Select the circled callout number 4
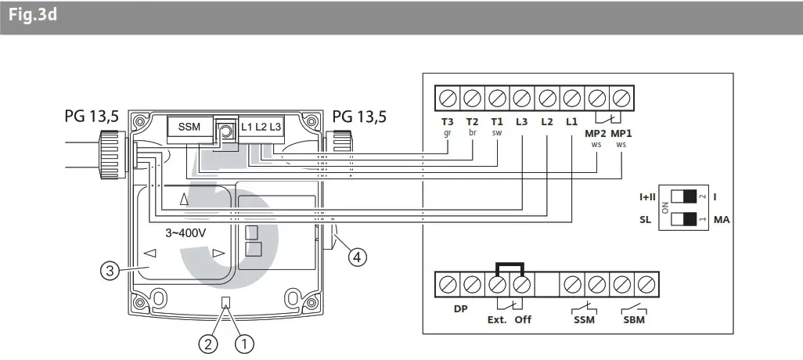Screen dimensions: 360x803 click(x=356, y=256)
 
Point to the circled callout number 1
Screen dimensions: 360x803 click(x=246, y=342)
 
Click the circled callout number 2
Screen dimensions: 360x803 click(x=208, y=342)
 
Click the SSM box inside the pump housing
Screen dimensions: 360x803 click(x=189, y=127)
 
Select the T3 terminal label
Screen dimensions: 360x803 click(x=447, y=122)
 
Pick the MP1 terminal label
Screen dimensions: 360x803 click(x=621, y=134)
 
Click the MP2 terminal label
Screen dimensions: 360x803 click(x=596, y=134)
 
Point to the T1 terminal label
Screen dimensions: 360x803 click(x=497, y=122)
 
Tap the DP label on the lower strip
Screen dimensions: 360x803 click(x=460, y=308)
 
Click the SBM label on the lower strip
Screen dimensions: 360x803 click(x=634, y=319)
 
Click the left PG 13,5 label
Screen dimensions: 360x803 click(x=92, y=117)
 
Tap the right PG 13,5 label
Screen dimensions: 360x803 click(x=359, y=117)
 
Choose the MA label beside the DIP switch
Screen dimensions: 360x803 click(x=722, y=221)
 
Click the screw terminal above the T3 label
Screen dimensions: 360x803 click(x=448, y=99)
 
